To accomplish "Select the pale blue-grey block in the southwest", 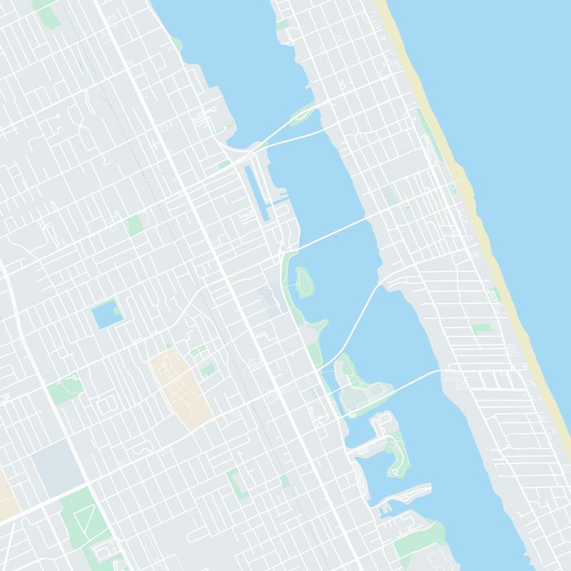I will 57,468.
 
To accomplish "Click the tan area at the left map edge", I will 7,492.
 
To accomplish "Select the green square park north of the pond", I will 133,226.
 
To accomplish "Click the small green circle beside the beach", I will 452,189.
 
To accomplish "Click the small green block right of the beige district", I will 208,370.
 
